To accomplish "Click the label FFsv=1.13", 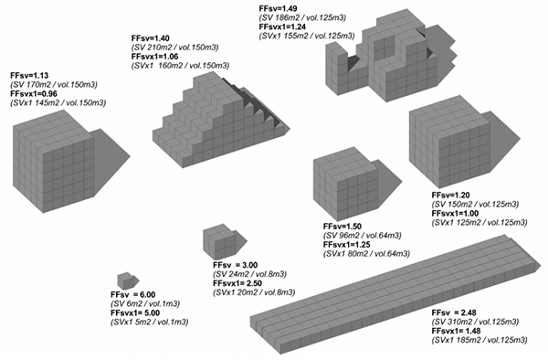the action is [x=29, y=76].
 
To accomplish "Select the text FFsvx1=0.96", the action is [x=34, y=94].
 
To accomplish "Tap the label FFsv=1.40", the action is [x=151, y=38].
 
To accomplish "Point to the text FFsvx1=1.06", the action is [x=155, y=57].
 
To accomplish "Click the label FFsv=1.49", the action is [x=279, y=9].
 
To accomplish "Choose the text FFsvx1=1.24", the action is [x=282, y=26].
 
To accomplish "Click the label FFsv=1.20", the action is [x=450, y=195].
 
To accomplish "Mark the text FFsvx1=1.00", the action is [x=455, y=213].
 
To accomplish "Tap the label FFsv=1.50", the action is [x=342, y=226].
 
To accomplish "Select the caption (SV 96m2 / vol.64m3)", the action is [x=363, y=236].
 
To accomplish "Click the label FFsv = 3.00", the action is [x=236, y=265].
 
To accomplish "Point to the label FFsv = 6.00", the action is [x=133, y=294].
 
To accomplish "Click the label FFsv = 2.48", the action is [x=454, y=312].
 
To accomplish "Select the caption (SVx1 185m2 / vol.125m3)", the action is [x=479, y=340].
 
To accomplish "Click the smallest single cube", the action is [x=125, y=281].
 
